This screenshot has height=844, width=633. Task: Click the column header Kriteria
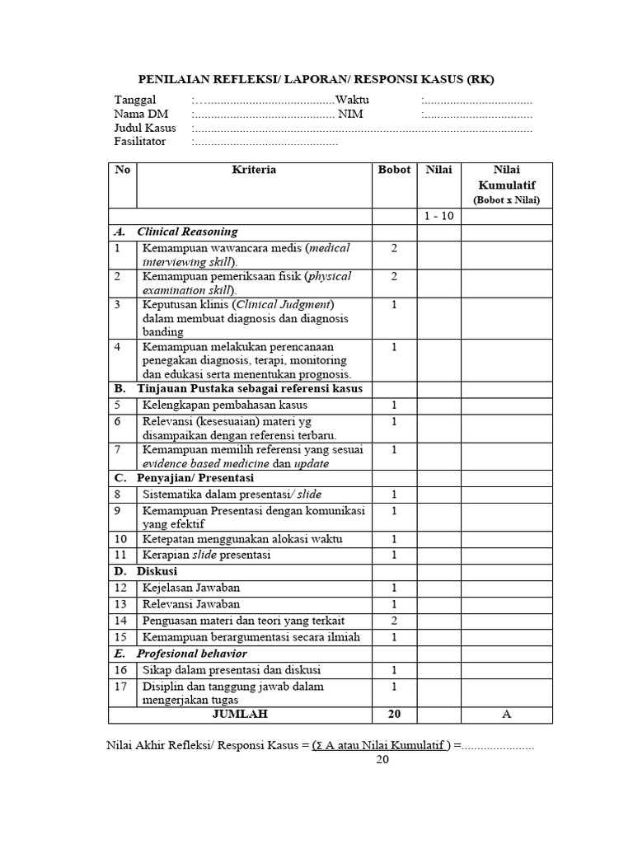pos(254,170)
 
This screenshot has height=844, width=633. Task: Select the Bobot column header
pos(394,170)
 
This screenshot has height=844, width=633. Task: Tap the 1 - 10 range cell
pos(438,216)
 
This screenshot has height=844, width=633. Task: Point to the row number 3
pos(118,304)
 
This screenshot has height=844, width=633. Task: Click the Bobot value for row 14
pos(394,620)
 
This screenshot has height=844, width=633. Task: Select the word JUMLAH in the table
pos(240,714)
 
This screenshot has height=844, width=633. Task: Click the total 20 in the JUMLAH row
pos(394,714)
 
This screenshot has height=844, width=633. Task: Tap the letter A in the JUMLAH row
pos(507,714)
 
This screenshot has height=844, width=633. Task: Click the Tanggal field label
pos(134,100)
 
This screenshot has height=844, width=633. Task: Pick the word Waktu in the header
pos(353,100)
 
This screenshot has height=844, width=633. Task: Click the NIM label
pos(350,114)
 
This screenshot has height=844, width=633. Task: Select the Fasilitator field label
pos(140,141)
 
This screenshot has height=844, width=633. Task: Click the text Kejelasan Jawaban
pos(191,588)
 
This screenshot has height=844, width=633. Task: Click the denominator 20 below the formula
pos(382,760)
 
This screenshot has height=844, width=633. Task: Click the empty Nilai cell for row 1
pos(438,254)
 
